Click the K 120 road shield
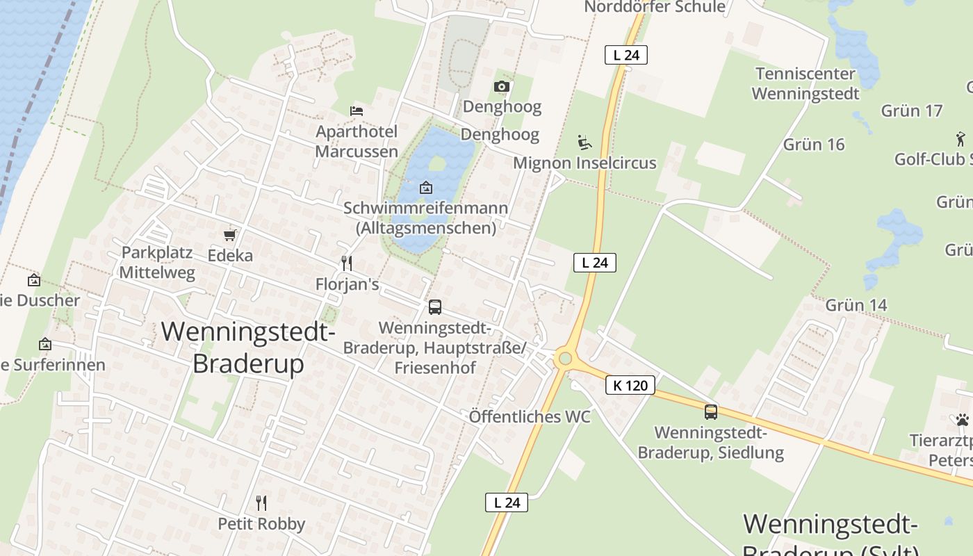point(630,385)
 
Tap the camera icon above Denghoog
point(502,86)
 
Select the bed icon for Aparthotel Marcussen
point(357,111)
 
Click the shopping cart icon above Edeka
point(230,235)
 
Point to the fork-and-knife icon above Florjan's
point(347,263)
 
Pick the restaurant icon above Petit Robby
point(261,502)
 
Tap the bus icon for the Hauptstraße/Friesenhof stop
point(435,306)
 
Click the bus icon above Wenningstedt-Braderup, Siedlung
point(710,411)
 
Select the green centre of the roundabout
point(565,359)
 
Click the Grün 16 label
point(814,145)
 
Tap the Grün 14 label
point(856,305)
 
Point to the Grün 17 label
point(912,111)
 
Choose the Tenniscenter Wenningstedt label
point(806,83)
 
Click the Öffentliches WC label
point(530,416)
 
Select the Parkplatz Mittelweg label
point(157,262)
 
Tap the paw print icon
point(963,420)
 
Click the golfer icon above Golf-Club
point(960,138)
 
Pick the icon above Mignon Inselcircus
point(584,142)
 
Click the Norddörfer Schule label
point(655,7)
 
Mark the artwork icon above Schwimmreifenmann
point(425,188)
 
